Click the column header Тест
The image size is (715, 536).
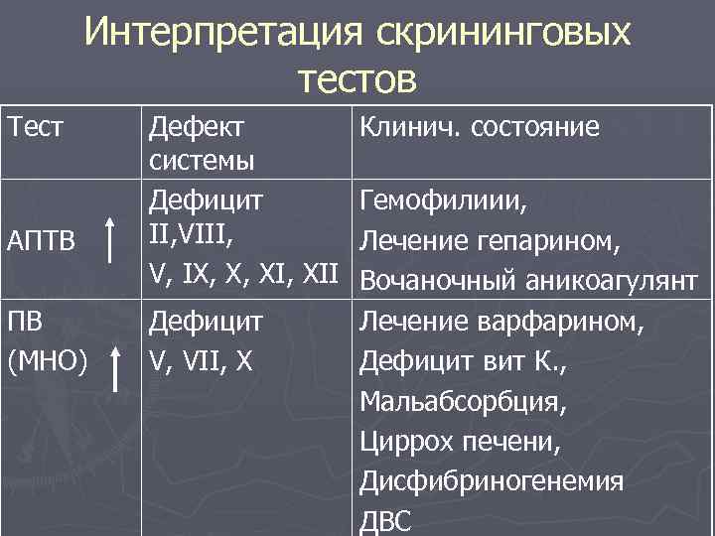point(38,127)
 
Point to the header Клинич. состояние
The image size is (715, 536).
point(479,127)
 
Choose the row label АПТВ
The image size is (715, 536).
point(46,241)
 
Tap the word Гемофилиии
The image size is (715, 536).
point(443,202)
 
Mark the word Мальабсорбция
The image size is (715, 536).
point(465,402)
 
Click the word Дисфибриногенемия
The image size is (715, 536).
point(492,482)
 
